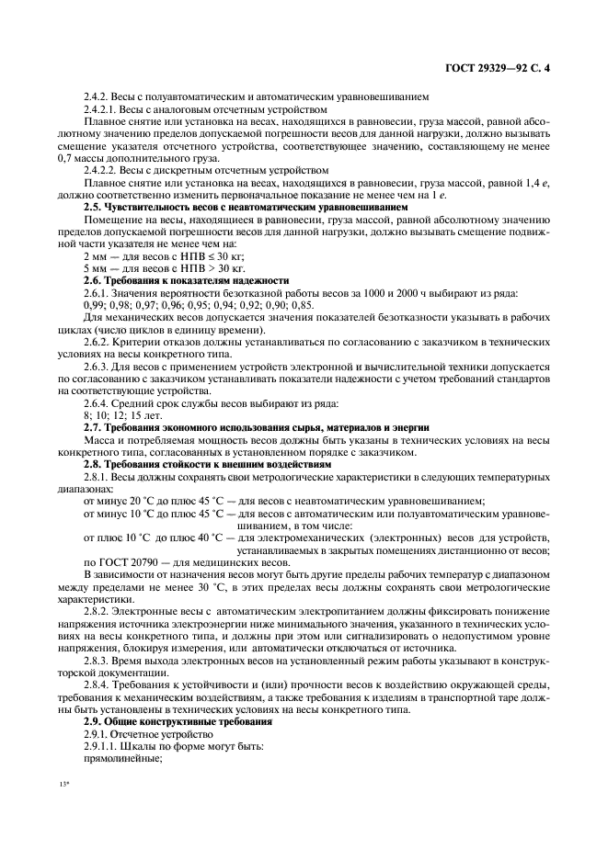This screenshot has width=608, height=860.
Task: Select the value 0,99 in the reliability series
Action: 95,304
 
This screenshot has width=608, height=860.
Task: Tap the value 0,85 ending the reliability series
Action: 300,304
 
